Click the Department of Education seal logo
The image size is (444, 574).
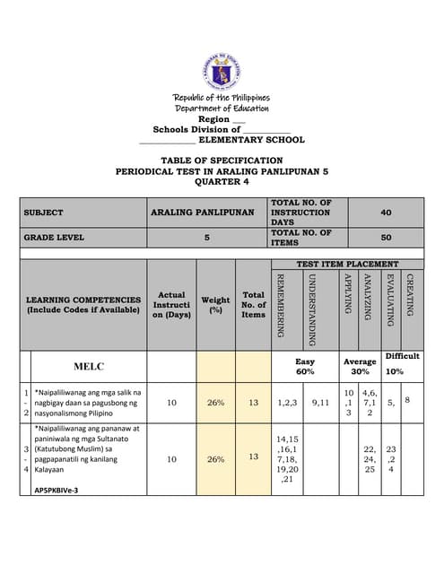[x=222, y=73]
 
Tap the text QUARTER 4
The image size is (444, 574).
[x=222, y=182]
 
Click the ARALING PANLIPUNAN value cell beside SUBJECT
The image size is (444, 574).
[x=202, y=213]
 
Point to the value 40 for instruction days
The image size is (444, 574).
[x=386, y=213]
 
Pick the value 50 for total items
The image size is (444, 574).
[x=386, y=238]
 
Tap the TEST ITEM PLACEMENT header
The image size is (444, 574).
[x=347, y=264]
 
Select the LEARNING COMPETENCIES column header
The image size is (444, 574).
[x=83, y=304]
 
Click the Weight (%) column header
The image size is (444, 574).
[x=215, y=304]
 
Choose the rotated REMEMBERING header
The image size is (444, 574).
[x=280, y=305]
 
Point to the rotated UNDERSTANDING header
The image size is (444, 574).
[x=312, y=309]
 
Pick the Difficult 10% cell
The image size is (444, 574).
[x=402, y=362]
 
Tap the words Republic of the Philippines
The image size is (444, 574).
[x=222, y=98]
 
